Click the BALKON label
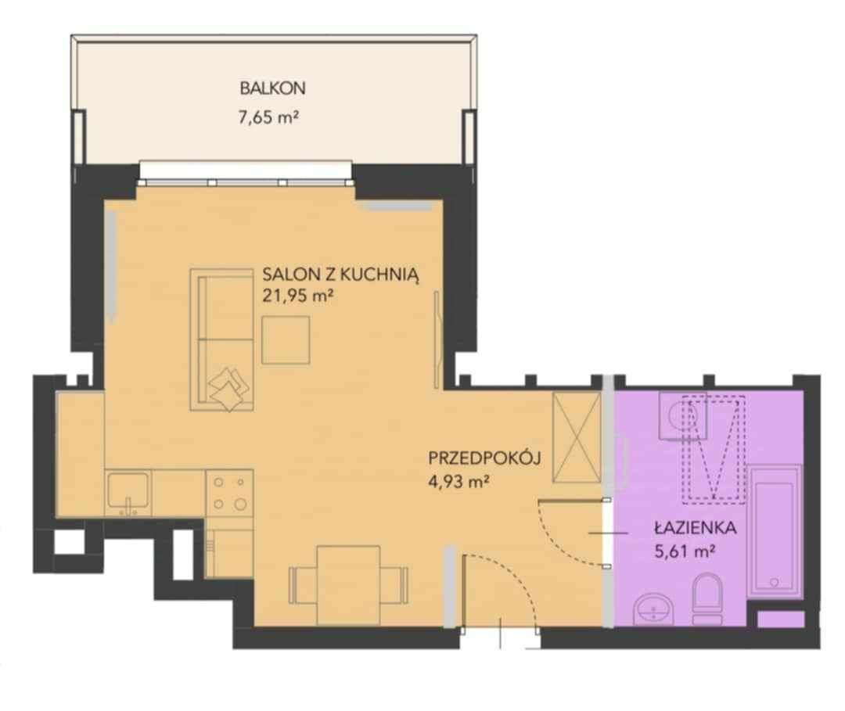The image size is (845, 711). coord(273,88)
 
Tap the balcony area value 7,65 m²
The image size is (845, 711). coord(268,117)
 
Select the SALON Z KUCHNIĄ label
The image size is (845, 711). coord(340,275)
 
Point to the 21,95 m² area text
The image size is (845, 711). coord(297,296)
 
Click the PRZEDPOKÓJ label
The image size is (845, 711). coord(484,458)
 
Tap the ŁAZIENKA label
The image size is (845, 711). coord(696,527)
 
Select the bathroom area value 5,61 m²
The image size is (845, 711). coord(685,551)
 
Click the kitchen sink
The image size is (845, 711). coord(128,492)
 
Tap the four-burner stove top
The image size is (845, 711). coord(229,493)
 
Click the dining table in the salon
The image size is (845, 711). coord(348,584)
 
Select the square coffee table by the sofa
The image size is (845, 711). coord(286,340)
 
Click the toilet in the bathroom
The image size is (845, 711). coord(707,598)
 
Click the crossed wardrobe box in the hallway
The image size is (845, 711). coord(577,437)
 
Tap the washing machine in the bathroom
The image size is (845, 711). coord(683,416)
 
